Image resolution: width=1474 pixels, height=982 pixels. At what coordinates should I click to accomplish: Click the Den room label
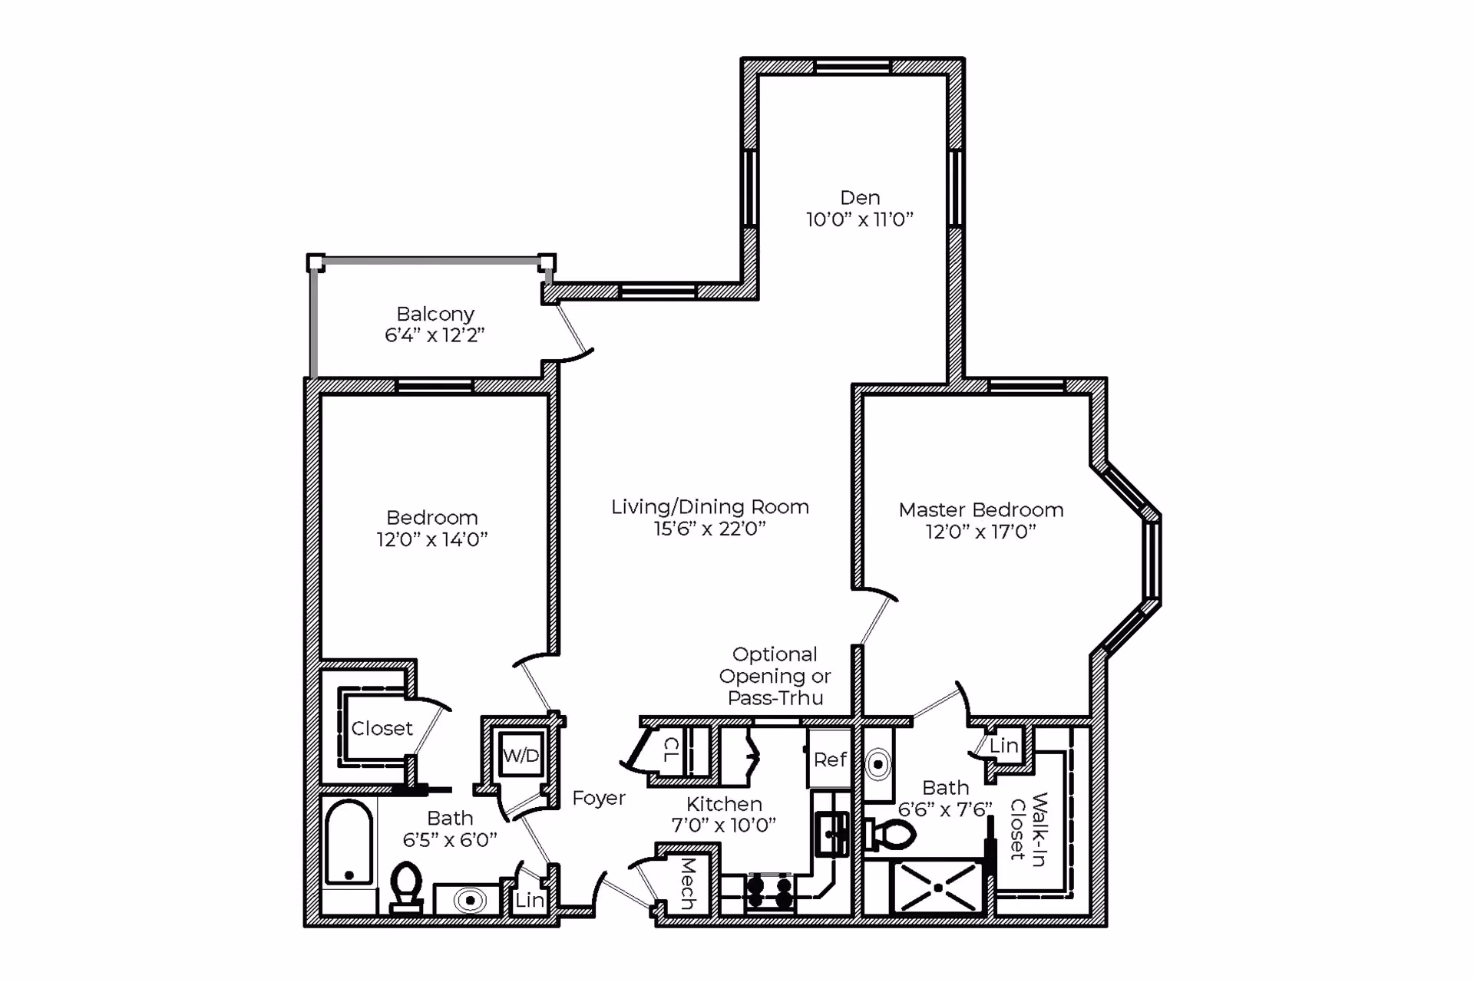coord(860,198)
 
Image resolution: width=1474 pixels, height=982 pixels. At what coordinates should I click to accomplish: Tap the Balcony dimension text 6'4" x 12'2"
coord(435,335)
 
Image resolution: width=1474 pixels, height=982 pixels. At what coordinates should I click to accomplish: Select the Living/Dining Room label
coord(710,507)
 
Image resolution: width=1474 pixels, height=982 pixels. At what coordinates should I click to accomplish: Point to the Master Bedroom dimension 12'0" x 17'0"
coord(980,532)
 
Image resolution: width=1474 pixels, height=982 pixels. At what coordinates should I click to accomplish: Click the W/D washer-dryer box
coord(521,756)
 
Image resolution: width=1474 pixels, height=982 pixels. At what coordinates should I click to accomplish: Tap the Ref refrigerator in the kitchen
coord(829,759)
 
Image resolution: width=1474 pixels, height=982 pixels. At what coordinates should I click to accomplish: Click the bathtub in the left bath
coord(349,842)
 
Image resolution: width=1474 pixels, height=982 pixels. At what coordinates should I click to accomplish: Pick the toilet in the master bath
coord(890,835)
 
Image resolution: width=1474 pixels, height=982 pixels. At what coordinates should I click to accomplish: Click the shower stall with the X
coord(938,888)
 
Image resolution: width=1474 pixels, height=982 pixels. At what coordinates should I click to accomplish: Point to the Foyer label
coord(599,799)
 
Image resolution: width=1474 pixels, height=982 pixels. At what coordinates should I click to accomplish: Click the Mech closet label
coord(688,884)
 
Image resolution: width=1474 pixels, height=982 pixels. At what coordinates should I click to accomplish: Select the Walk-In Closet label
coord(1029,829)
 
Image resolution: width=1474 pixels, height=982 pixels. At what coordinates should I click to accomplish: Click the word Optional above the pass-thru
coord(775,654)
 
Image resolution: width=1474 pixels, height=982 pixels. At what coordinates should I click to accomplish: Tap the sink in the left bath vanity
coord(470,900)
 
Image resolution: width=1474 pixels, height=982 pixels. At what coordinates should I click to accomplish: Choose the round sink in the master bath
coord(878,764)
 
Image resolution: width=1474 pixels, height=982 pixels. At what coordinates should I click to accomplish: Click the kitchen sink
coord(831,834)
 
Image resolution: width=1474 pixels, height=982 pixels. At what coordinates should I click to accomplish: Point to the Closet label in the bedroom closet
coord(382,728)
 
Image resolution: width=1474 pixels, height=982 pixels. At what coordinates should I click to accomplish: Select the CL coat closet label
coord(671,750)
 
